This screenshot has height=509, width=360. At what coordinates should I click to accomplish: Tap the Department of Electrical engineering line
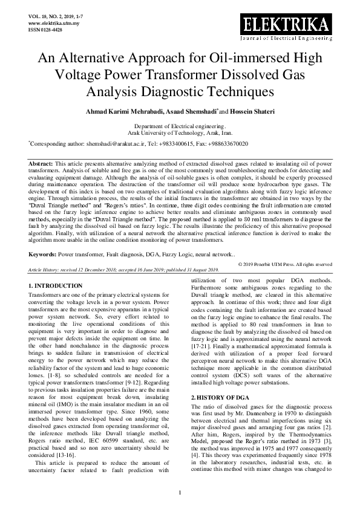pos(180,125)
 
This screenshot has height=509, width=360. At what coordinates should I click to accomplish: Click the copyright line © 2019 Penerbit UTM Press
pos(285,281)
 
